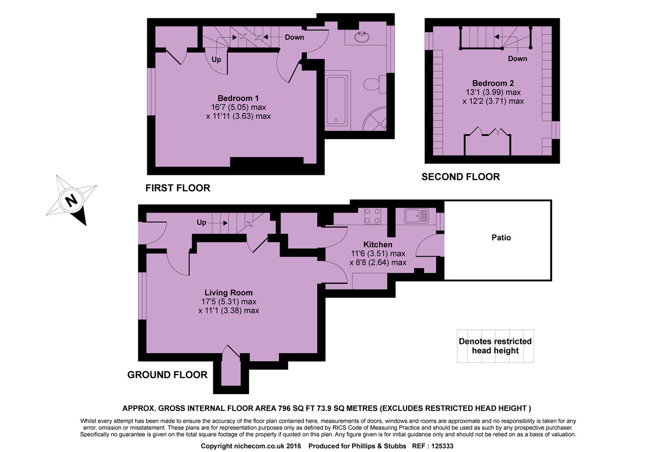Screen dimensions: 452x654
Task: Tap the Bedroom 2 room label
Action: pos(493,84)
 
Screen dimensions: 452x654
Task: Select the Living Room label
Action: pos(228,293)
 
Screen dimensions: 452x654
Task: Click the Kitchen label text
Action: pos(378,245)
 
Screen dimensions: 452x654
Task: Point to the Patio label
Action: pos(501,237)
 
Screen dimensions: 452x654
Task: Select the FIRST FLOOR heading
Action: pos(178,188)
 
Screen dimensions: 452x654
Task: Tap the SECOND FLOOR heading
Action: pos(461,177)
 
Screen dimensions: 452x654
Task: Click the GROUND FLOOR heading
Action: pos(167,374)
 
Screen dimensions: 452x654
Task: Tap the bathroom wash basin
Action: pos(361,38)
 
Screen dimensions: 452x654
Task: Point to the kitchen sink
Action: pos(417,216)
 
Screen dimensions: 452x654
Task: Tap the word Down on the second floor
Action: pos(517,58)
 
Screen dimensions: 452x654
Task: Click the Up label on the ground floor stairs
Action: pos(202,223)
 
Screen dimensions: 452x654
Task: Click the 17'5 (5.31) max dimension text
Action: pos(228,301)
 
